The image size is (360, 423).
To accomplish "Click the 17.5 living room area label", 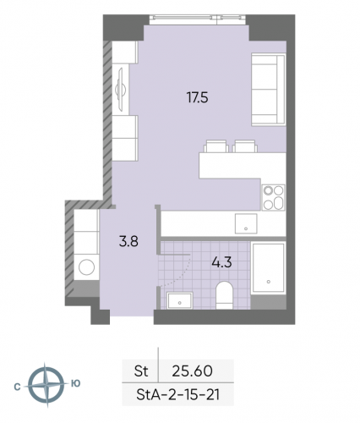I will [x=197, y=97].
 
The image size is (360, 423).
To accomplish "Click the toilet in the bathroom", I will [x=224, y=294].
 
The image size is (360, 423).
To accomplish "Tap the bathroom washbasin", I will [x=180, y=299].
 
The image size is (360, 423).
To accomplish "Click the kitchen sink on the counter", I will [x=245, y=223].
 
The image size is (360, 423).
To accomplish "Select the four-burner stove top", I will [x=272, y=197].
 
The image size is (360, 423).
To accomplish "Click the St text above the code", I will [x=140, y=370].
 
